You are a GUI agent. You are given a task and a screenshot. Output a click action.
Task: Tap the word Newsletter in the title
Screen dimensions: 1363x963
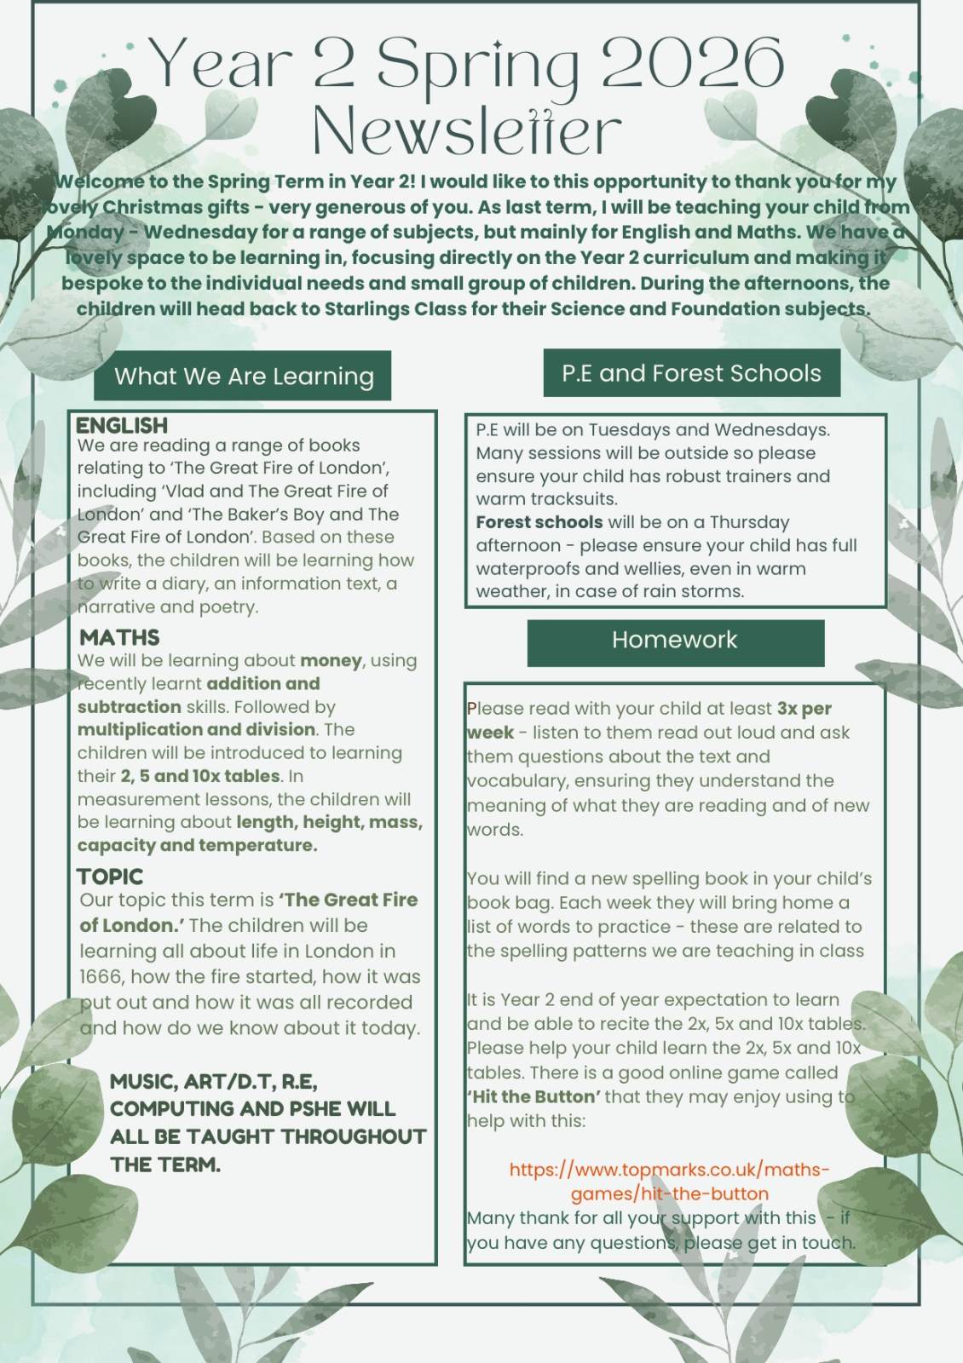pyautogui.click(x=467, y=130)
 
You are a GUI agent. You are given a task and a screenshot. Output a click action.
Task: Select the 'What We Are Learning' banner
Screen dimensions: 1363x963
pyautogui.click(x=243, y=376)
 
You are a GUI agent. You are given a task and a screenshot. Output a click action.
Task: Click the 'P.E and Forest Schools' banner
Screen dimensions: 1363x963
pyautogui.click(x=691, y=373)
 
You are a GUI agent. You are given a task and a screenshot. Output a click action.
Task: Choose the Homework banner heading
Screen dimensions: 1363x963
pyautogui.click(x=675, y=640)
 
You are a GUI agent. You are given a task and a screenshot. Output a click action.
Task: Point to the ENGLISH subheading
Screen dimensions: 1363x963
pyautogui.click(x=122, y=425)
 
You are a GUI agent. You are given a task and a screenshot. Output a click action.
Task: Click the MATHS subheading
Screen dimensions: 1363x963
pyautogui.click(x=120, y=637)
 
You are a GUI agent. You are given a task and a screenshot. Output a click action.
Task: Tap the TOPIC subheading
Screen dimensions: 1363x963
pyautogui.click(x=110, y=877)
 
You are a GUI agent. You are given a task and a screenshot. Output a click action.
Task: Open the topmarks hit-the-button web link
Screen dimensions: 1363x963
pyautogui.click(x=669, y=1181)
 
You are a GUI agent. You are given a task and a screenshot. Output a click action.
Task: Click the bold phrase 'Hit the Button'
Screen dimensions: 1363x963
pyautogui.click(x=534, y=1096)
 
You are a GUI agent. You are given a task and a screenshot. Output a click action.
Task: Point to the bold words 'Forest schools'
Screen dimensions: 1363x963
pyautogui.click(x=539, y=522)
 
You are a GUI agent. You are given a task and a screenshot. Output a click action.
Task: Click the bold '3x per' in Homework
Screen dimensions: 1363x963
pyautogui.click(x=804, y=709)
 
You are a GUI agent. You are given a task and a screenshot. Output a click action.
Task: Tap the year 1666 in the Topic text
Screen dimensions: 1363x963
pyautogui.click(x=101, y=976)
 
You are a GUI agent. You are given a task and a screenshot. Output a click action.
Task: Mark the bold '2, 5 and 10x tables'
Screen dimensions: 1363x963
pyautogui.click(x=199, y=776)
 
